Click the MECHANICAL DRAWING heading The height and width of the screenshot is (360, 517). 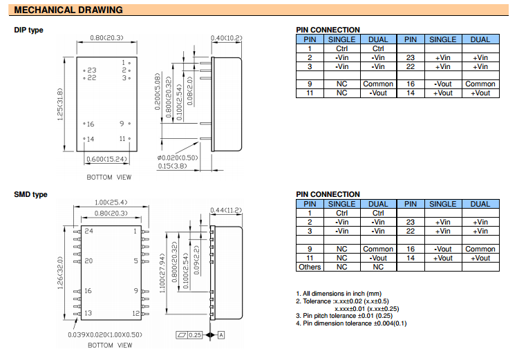pyautogui.click(x=68, y=10)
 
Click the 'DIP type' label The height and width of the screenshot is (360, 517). pyautogui.click(x=29, y=30)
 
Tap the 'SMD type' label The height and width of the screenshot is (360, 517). pyautogui.click(x=30, y=194)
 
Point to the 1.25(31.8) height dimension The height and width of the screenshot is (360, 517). pyautogui.click(x=59, y=104)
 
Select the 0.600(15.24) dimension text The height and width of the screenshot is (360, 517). pyautogui.click(x=106, y=159)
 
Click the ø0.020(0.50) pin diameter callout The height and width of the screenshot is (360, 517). pyautogui.click(x=178, y=158)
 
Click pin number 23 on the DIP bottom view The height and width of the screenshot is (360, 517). pyautogui.click(x=92, y=70)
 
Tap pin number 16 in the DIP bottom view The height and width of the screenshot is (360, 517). pyautogui.click(x=91, y=124)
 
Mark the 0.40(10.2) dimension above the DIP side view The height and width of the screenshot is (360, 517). pyautogui.click(x=226, y=38)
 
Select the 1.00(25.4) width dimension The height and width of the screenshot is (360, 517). pyautogui.click(x=111, y=202)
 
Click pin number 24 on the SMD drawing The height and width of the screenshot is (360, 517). pyautogui.click(x=88, y=231)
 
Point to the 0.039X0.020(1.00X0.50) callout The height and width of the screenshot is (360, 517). pyautogui.click(x=105, y=335)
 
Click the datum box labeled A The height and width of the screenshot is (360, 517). pyautogui.click(x=221, y=335)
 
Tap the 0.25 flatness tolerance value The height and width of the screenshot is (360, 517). pyautogui.click(x=195, y=335)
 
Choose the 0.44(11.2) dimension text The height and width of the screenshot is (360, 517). pyautogui.click(x=226, y=210)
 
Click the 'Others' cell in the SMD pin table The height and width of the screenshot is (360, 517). pyautogui.click(x=310, y=267)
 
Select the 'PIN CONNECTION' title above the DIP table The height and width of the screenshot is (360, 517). pyautogui.click(x=328, y=30)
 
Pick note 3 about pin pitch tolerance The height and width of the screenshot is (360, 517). pyautogui.click(x=344, y=316)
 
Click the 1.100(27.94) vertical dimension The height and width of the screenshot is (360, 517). pyautogui.click(x=162, y=273)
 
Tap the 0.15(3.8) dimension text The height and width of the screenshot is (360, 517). pyautogui.click(x=172, y=166)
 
